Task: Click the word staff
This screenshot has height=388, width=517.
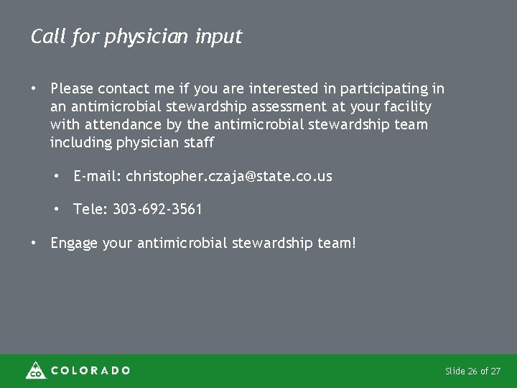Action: tap(199, 142)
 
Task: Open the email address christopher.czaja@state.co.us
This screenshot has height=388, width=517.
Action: tap(229, 176)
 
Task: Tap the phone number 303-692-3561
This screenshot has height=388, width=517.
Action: tap(157, 210)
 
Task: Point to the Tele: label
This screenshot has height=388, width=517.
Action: tap(90, 210)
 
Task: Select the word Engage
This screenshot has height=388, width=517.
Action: tap(75, 244)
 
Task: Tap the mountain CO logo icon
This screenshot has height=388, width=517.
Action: tap(35, 370)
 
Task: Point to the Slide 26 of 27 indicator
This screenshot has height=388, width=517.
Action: tap(473, 371)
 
